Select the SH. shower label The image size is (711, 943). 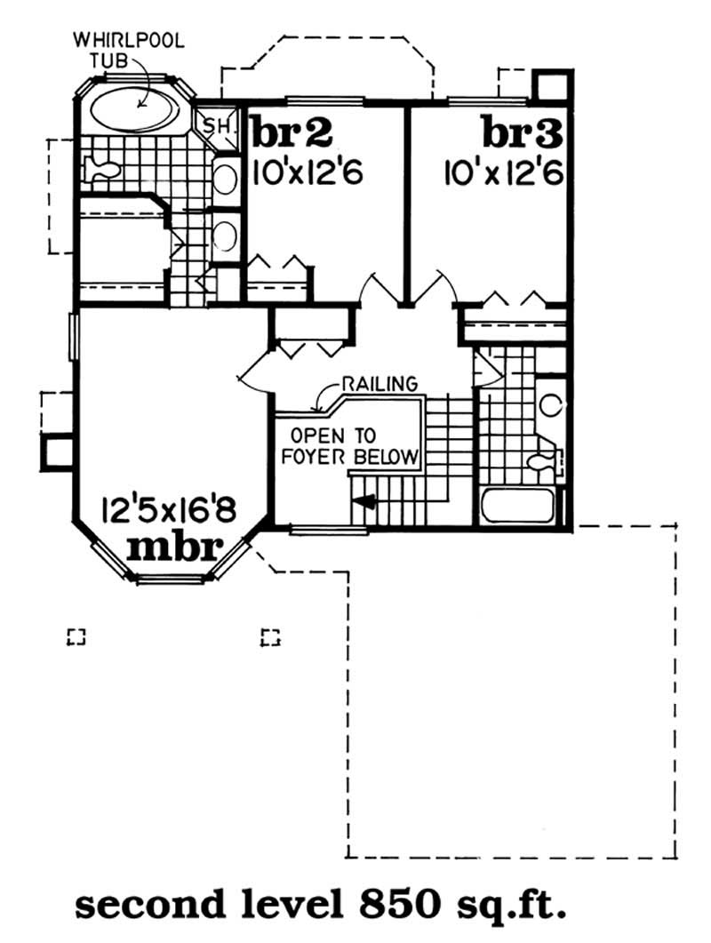(x=216, y=125)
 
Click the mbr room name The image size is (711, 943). (x=172, y=547)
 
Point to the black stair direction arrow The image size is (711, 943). (x=364, y=503)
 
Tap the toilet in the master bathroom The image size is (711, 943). (x=100, y=167)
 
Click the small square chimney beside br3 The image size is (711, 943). (x=550, y=85)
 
